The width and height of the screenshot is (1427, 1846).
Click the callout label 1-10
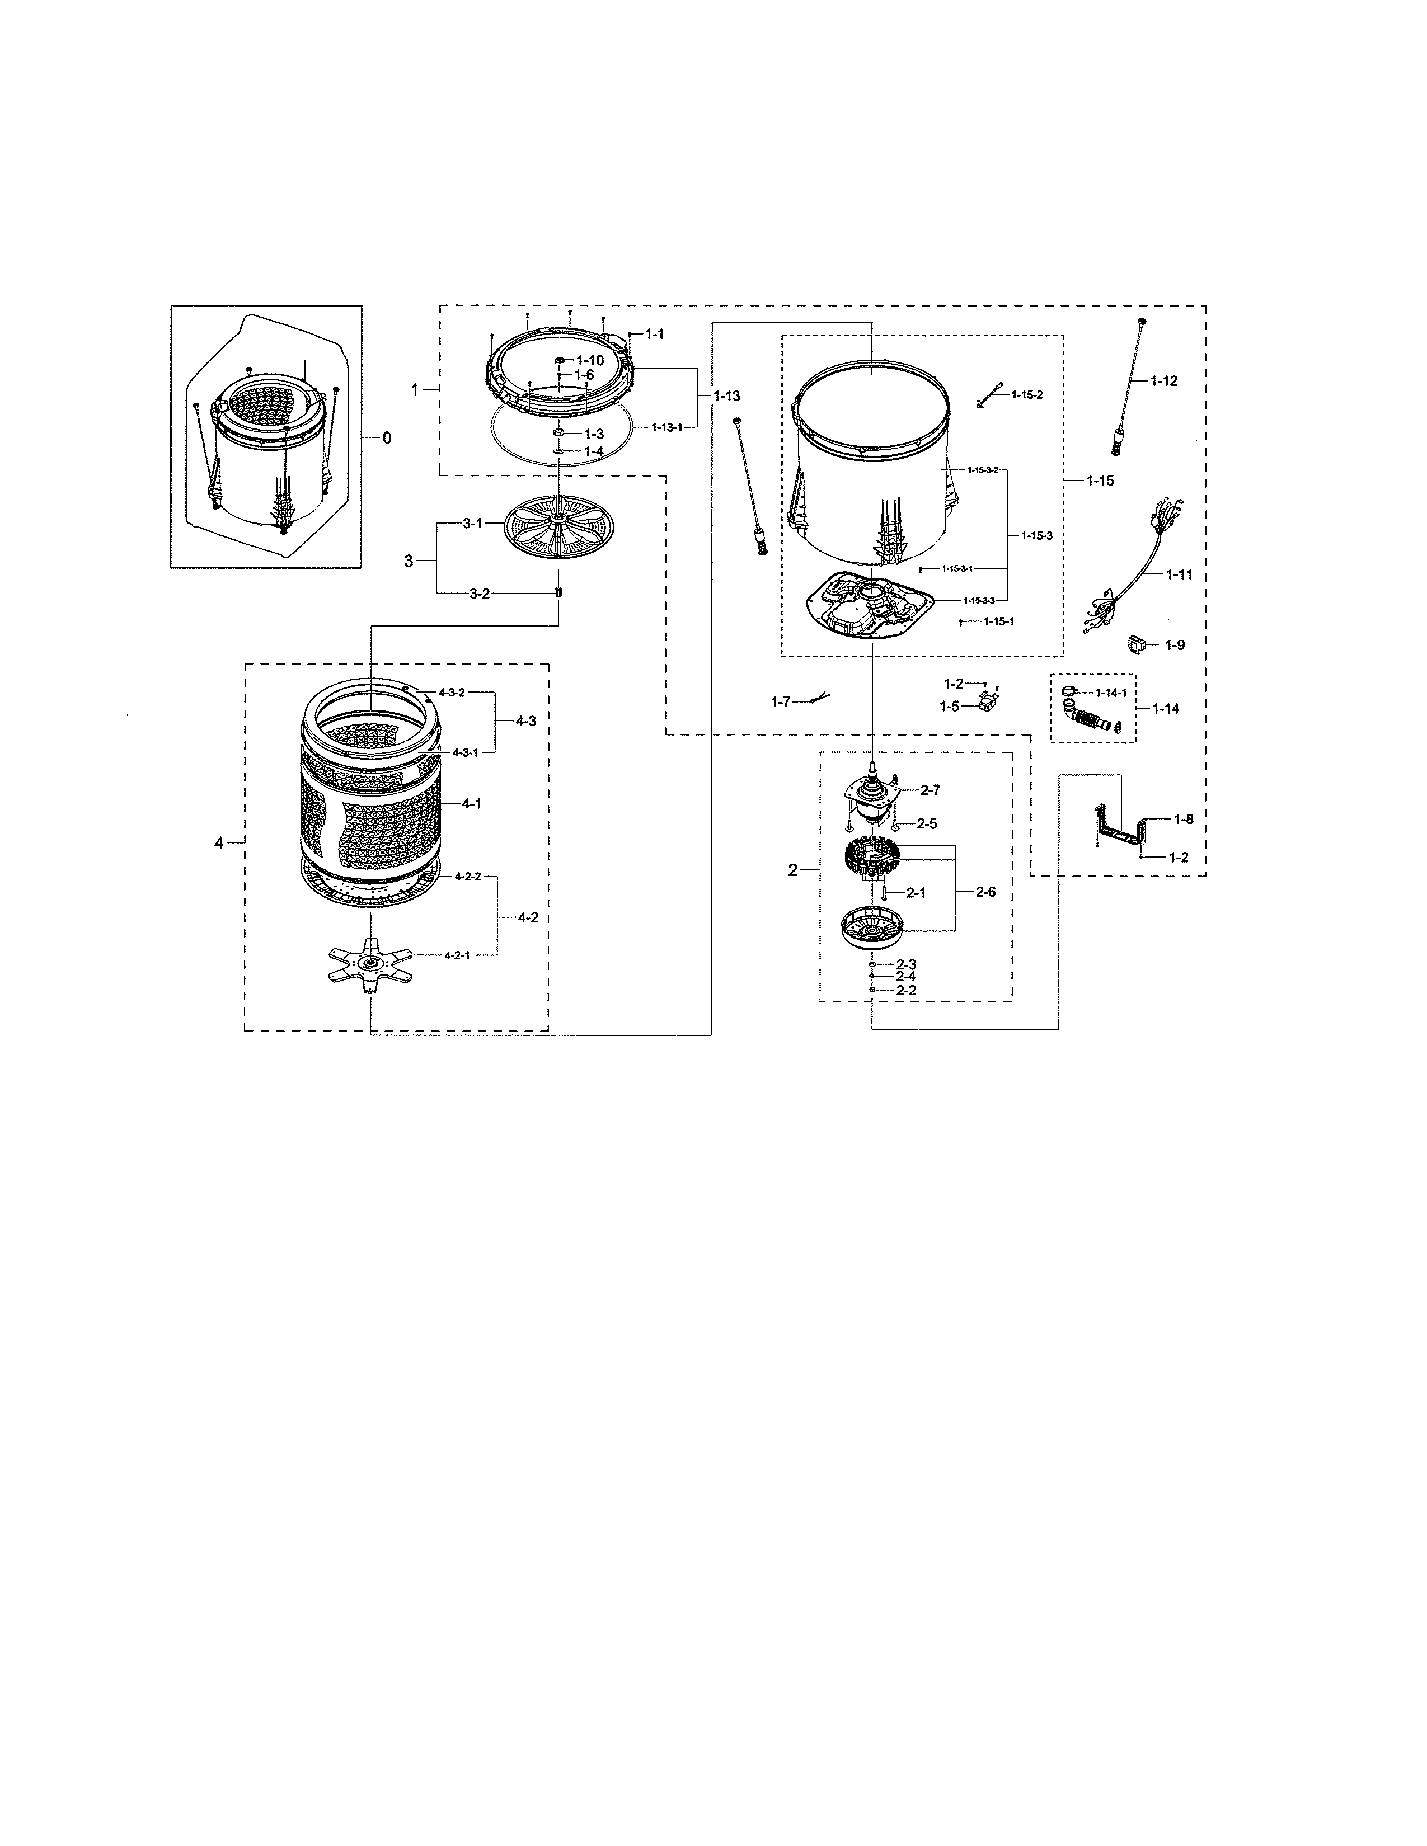click(x=591, y=360)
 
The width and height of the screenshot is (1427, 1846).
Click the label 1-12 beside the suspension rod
click(x=1163, y=381)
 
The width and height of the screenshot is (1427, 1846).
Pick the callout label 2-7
click(x=930, y=789)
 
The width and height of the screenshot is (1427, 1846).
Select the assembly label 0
click(x=386, y=438)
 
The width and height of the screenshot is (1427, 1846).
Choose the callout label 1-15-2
click(x=1026, y=395)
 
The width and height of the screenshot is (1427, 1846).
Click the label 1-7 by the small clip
click(x=780, y=701)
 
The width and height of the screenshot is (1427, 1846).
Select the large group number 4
click(x=219, y=842)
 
